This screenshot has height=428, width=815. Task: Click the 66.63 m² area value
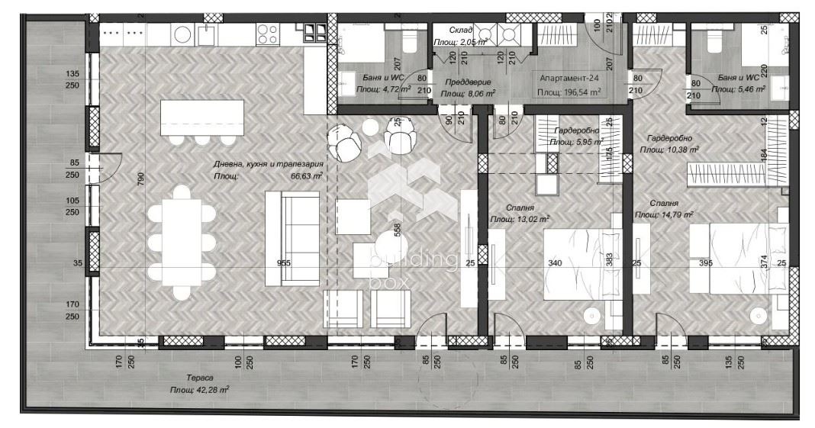pos(306,175)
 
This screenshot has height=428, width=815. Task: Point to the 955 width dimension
pos(284,262)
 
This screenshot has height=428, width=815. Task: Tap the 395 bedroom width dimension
pos(706,262)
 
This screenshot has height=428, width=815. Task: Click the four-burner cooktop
pos(267,33)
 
